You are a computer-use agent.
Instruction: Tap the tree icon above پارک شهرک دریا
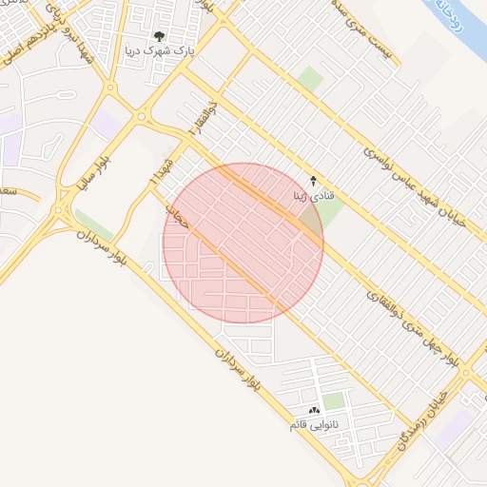tap(159, 37)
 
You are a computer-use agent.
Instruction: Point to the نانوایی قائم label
tap(321, 424)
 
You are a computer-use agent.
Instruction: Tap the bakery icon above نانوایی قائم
tap(315, 410)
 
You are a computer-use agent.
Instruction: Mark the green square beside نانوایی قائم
tap(334, 401)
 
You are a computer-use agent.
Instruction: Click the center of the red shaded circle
tap(243, 243)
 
